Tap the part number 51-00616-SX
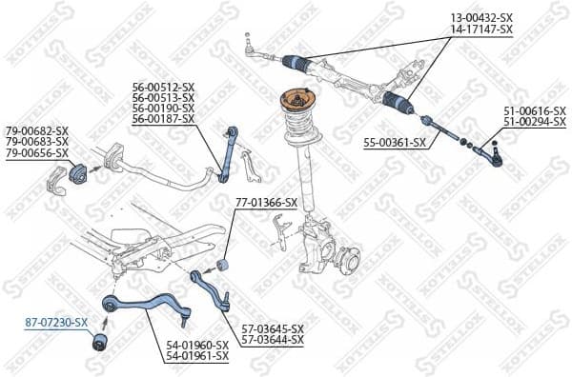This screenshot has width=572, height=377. [533, 112]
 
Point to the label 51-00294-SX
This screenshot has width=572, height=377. [533, 124]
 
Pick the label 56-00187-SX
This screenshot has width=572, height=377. [163, 121]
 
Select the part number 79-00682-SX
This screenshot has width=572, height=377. [37, 130]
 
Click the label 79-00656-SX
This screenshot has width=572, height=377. [37, 153]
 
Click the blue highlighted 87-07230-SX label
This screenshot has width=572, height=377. [55, 324]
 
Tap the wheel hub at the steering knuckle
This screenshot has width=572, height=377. [342, 257]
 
